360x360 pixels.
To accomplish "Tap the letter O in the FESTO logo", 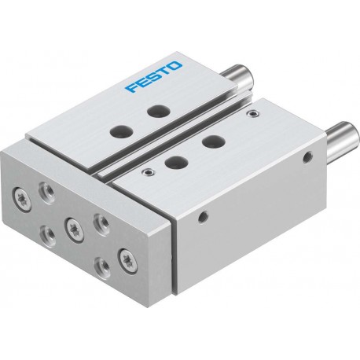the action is click(174, 66).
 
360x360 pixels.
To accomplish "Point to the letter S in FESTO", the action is click(153, 76).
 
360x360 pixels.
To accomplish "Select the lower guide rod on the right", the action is click(343, 139).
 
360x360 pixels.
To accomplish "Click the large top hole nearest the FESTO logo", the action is click(158, 111).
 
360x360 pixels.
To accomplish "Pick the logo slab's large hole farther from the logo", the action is click(121, 130).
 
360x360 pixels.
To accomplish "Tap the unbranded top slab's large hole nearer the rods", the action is click(214, 142).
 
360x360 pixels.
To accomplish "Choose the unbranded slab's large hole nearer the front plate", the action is click(176, 162).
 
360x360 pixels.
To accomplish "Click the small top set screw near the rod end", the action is click(253, 113).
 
